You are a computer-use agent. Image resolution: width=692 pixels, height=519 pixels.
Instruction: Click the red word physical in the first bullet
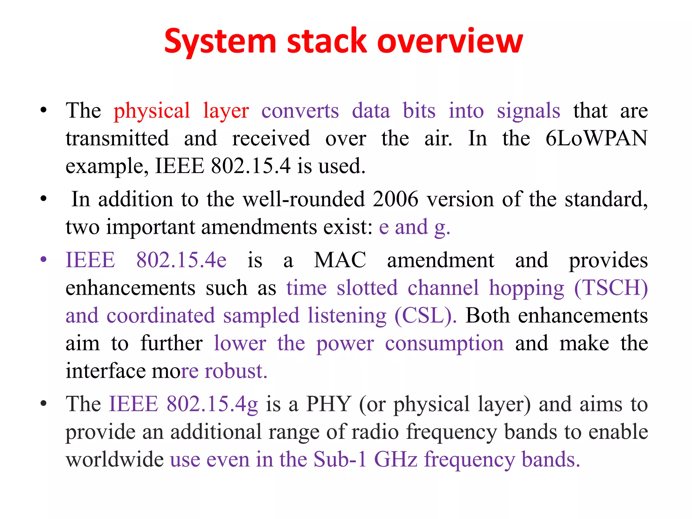[152, 111]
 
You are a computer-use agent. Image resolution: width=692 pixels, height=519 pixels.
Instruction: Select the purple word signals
[528, 111]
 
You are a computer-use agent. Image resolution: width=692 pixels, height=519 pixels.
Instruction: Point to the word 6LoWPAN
[596, 139]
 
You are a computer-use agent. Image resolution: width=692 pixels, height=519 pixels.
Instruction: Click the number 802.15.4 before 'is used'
[250, 166]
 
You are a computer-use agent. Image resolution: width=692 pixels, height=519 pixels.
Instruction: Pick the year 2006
[396, 199]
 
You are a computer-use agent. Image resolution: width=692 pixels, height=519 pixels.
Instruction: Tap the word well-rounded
[304, 199]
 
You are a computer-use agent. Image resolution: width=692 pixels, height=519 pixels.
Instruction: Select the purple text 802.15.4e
[181, 260]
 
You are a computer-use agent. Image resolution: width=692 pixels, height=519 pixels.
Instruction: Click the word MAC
[340, 260]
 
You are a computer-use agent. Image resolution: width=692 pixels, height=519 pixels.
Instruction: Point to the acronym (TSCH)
[611, 288]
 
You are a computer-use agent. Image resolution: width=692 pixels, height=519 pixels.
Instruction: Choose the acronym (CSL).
[425, 316]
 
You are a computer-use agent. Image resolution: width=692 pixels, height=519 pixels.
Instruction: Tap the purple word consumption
[444, 343]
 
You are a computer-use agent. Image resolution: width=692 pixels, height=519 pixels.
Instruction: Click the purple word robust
[236, 371]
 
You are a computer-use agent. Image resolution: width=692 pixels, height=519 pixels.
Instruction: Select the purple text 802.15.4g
[212, 404]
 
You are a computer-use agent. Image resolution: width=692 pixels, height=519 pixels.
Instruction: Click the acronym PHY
[328, 404]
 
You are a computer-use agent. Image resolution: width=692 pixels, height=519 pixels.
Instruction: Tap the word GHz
[396, 460]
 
